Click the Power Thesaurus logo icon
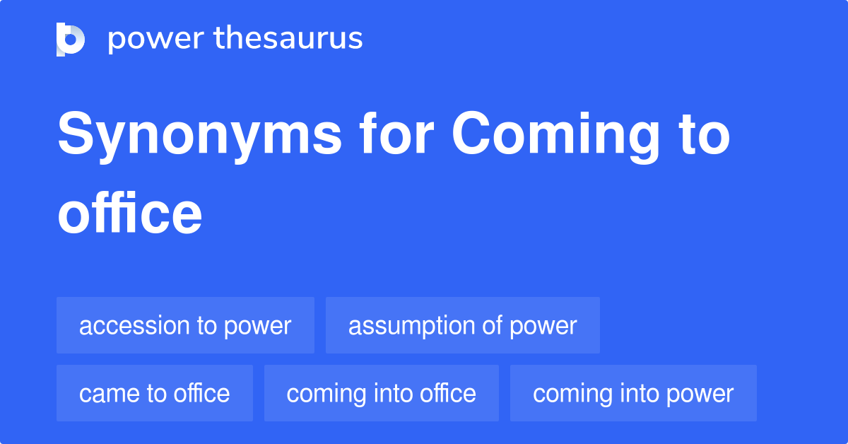(x=71, y=39)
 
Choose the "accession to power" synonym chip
(x=185, y=325)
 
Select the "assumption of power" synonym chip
(x=462, y=325)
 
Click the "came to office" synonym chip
(x=154, y=393)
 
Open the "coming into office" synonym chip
(x=381, y=393)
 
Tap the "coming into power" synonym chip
(x=633, y=393)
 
